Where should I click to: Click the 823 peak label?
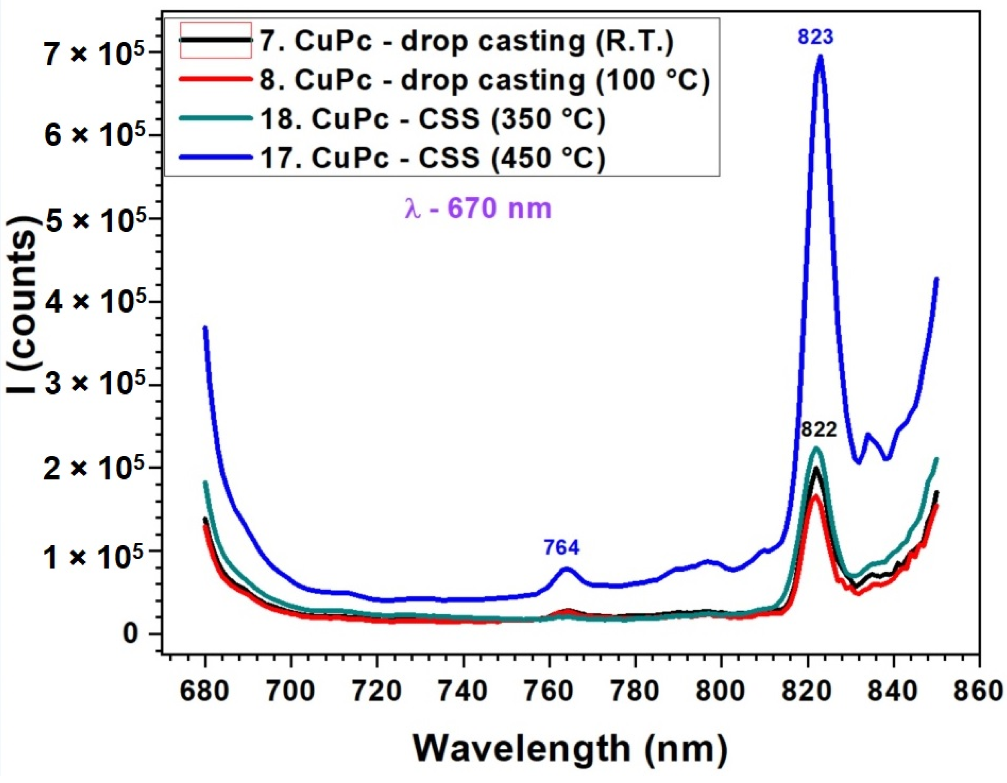[816, 37]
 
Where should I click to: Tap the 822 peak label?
[819, 430]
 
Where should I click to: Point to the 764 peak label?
[561, 548]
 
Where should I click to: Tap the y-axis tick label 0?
[130, 635]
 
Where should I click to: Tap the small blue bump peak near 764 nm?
[566, 568]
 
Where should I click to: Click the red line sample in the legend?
[216, 79]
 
